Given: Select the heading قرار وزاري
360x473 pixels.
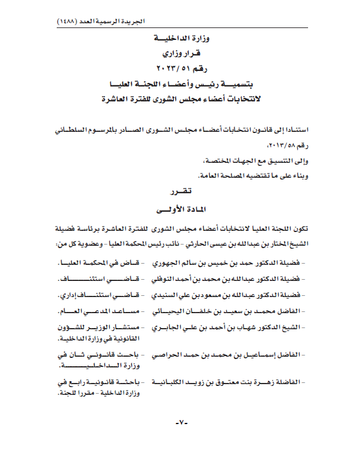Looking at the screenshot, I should (x=180, y=52).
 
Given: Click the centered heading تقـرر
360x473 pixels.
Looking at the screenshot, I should (x=180, y=193).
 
